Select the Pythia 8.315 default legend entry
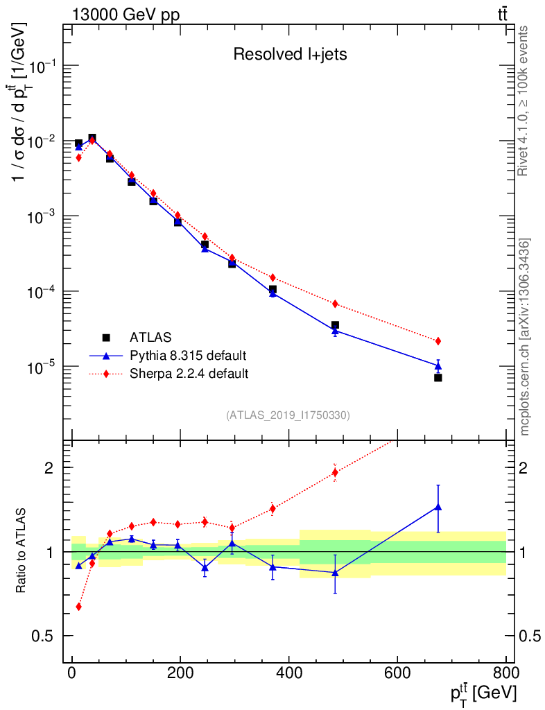point(188,356)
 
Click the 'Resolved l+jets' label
point(290,55)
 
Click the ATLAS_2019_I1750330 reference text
point(288,415)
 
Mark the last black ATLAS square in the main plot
point(438,378)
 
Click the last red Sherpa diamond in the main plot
point(438,341)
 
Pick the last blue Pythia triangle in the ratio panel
point(438,507)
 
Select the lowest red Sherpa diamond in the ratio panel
point(78,607)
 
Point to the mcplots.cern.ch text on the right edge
point(525,336)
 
